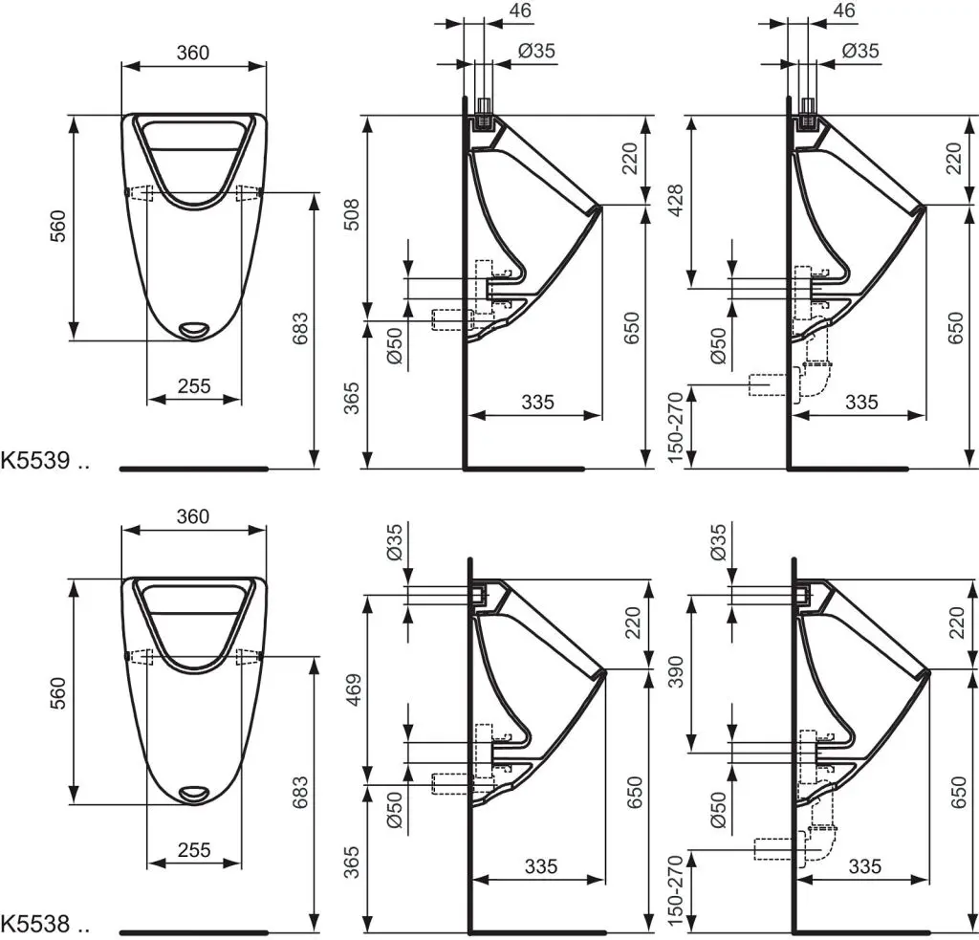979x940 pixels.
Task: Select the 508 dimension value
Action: (352, 216)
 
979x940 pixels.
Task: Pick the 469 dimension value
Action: (352, 684)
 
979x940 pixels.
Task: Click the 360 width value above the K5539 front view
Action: (193, 54)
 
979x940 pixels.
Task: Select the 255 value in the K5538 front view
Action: (194, 849)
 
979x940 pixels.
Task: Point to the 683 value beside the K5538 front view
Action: (300, 795)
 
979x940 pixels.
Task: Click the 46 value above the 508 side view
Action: (521, 11)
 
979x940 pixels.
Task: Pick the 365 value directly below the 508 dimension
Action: (352, 395)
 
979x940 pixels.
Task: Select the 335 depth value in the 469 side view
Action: (540, 866)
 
